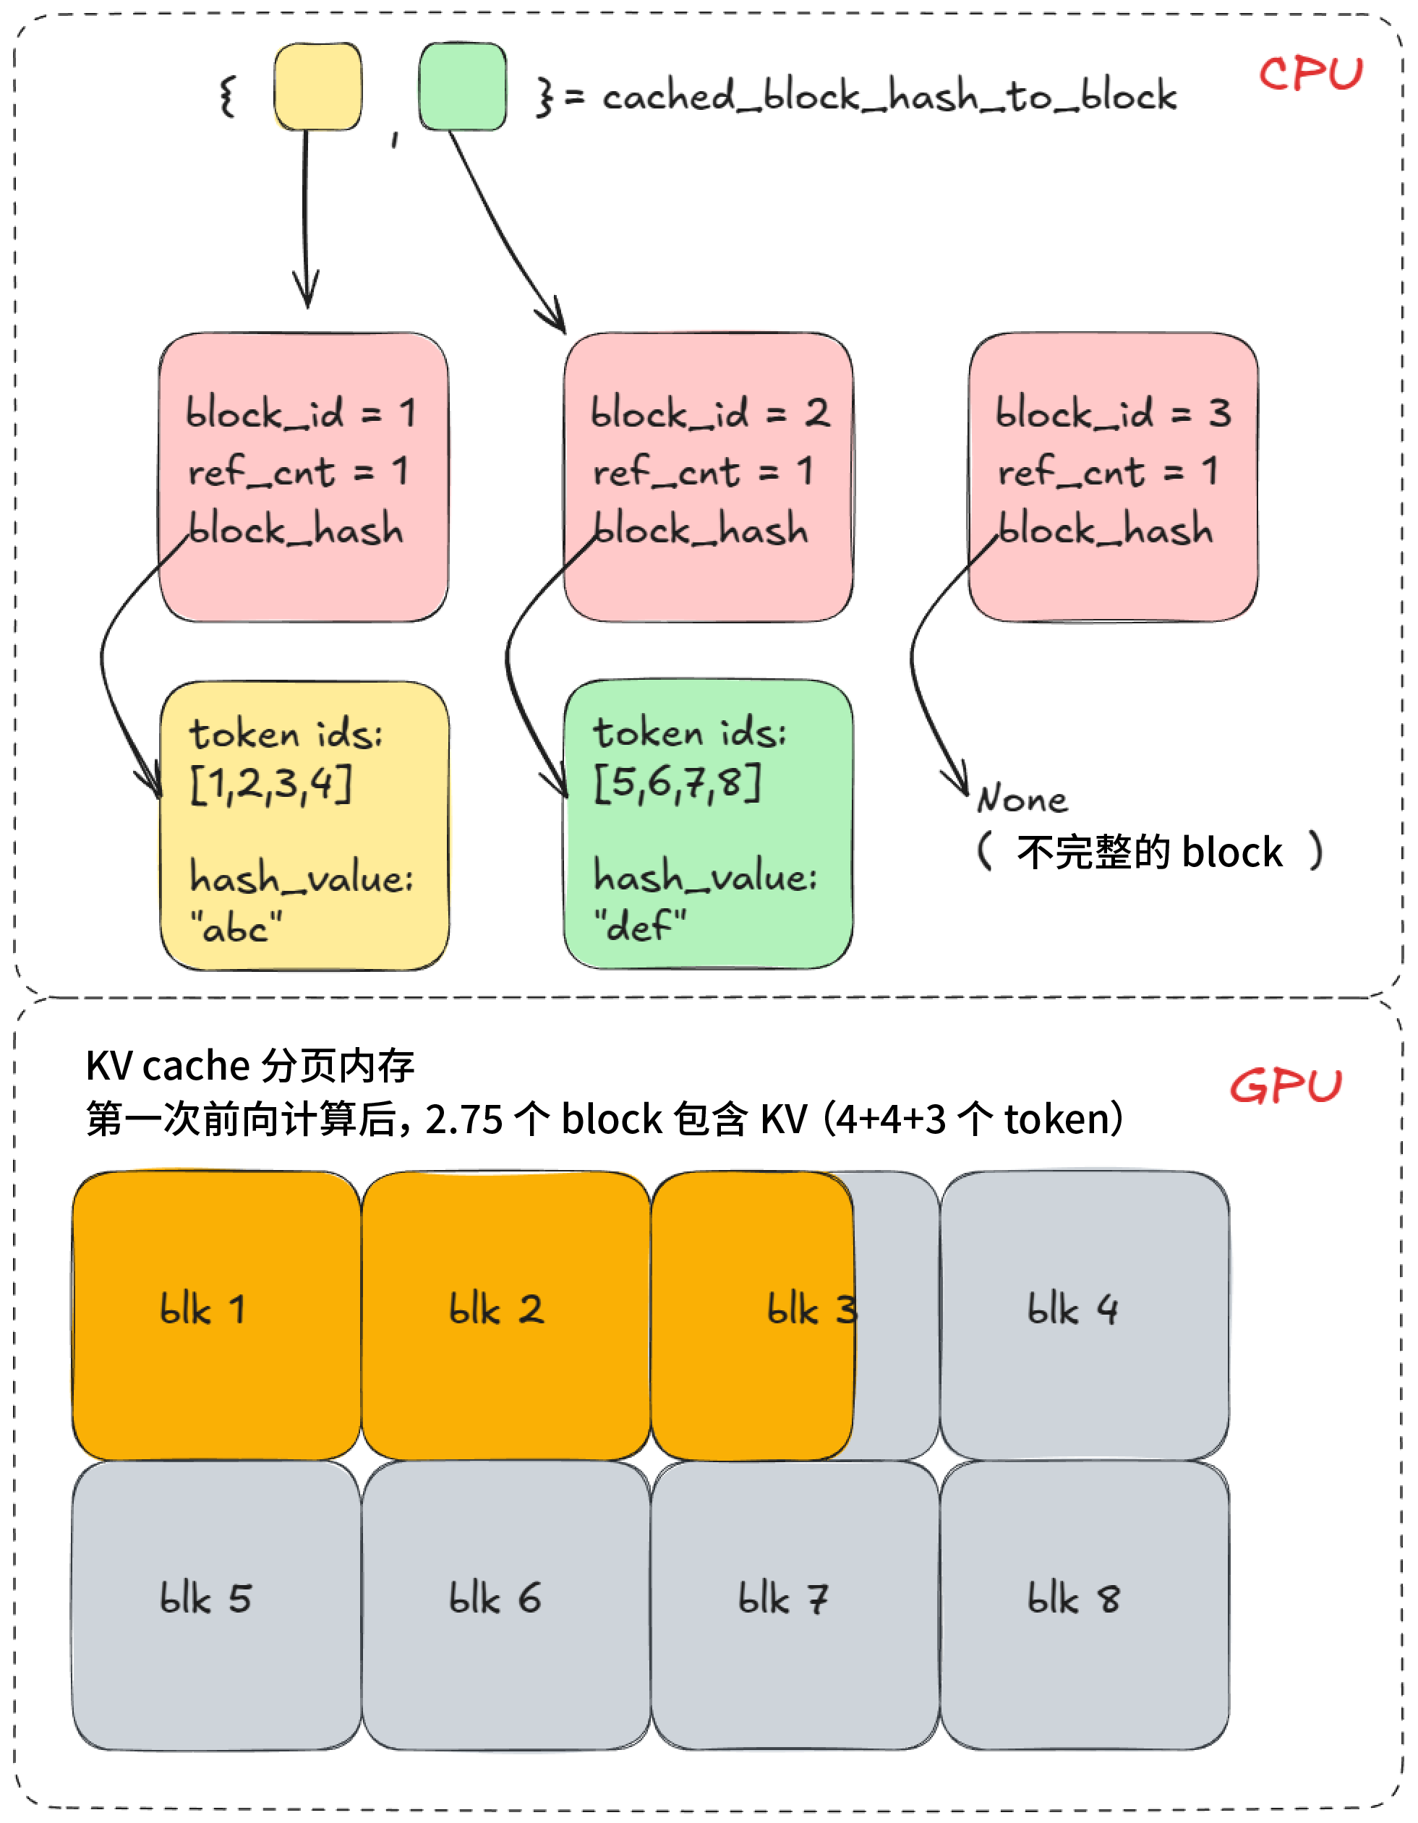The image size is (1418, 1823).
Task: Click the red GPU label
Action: (x=1285, y=1086)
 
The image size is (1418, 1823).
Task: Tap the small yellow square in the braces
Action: (x=317, y=87)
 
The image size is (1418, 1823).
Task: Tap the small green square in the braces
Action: (x=462, y=87)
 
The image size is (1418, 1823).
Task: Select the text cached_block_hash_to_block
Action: (x=889, y=96)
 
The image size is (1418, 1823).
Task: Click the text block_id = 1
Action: (x=301, y=413)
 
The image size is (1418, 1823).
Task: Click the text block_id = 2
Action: (x=709, y=413)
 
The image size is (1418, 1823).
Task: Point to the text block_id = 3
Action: (x=1113, y=413)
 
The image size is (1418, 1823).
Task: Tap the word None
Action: (x=1022, y=800)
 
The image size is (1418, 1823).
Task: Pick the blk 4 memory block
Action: (x=1083, y=1315)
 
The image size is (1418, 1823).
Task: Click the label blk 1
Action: (x=202, y=1309)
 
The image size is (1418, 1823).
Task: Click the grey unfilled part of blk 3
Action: (x=895, y=1378)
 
